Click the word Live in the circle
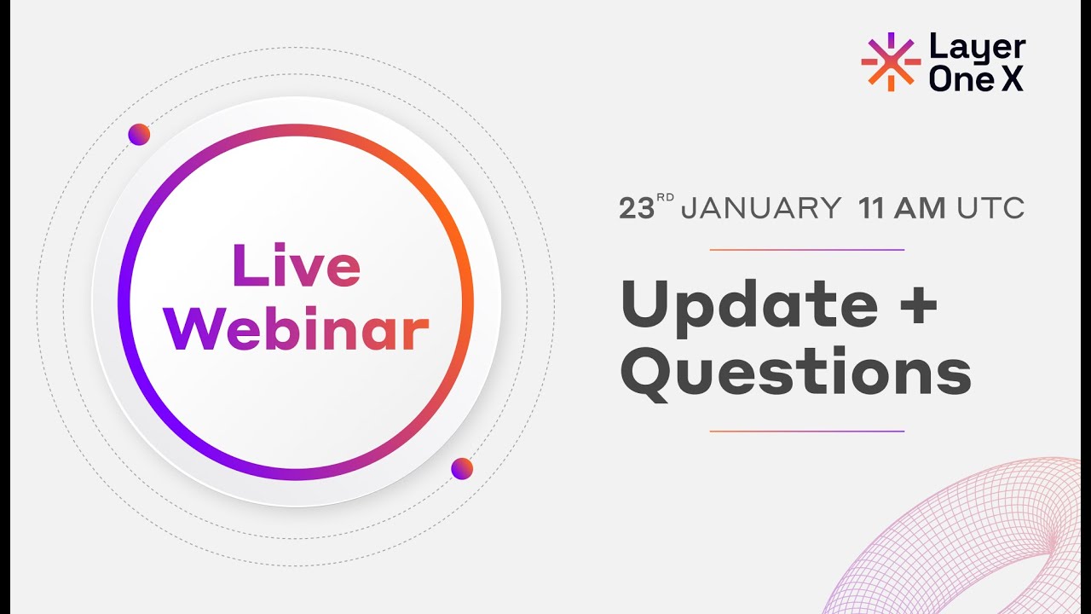click(x=296, y=265)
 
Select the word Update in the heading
click(x=749, y=305)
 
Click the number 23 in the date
click(x=636, y=209)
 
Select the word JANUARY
click(x=761, y=209)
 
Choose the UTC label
click(x=990, y=209)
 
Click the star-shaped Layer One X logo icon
click(x=891, y=61)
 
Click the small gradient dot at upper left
click(x=139, y=134)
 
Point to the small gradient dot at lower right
click(x=462, y=468)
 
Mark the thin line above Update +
click(x=806, y=250)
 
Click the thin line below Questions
click(x=806, y=432)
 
